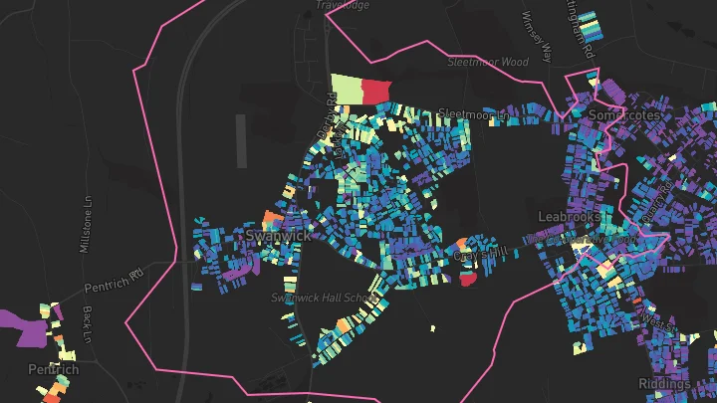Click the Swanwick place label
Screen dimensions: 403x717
(x=278, y=236)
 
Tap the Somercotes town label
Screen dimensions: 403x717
(x=625, y=114)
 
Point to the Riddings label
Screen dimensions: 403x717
(x=664, y=384)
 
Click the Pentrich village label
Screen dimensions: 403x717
(x=53, y=369)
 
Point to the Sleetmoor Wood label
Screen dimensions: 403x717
(x=487, y=62)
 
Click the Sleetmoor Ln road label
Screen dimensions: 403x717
(x=473, y=113)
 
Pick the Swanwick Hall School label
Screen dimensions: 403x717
(x=327, y=298)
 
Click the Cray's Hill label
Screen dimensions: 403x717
(x=481, y=255)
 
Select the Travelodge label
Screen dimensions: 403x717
(x=343, y=5)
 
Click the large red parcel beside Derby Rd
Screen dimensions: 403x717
(x=375, y=92)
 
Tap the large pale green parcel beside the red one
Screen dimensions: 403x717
(x=346, y=89)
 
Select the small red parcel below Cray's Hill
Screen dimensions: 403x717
(x=467, y=280)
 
